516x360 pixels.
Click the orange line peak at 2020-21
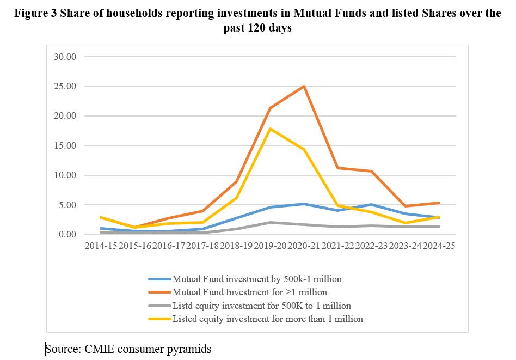pyautogui.click(x=303, y=86)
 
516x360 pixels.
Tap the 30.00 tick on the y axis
pyautogui.click(x=65, y=57)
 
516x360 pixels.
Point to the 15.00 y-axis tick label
pyautogui.click(x=65, y=145)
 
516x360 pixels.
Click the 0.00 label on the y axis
pyautogui.click(x=67, y=235)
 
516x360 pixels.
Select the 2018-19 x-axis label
pyautogui.click(x=235, y=246)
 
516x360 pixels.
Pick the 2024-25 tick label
pyautogui.click(x=438, y=246)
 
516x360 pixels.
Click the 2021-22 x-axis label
pyautogui.click(x=337, y=246)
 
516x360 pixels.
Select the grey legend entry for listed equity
pyautogui.click(x=261, y=306)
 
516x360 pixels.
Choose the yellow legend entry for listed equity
pyautogui.click(x=267, y=319)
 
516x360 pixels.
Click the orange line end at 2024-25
pyautogui.click(x=438, y=203)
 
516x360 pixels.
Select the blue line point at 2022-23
pyautogui.click(x=371, y=205)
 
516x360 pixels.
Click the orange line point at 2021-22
pyautogui.click(x=337, y=168)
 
